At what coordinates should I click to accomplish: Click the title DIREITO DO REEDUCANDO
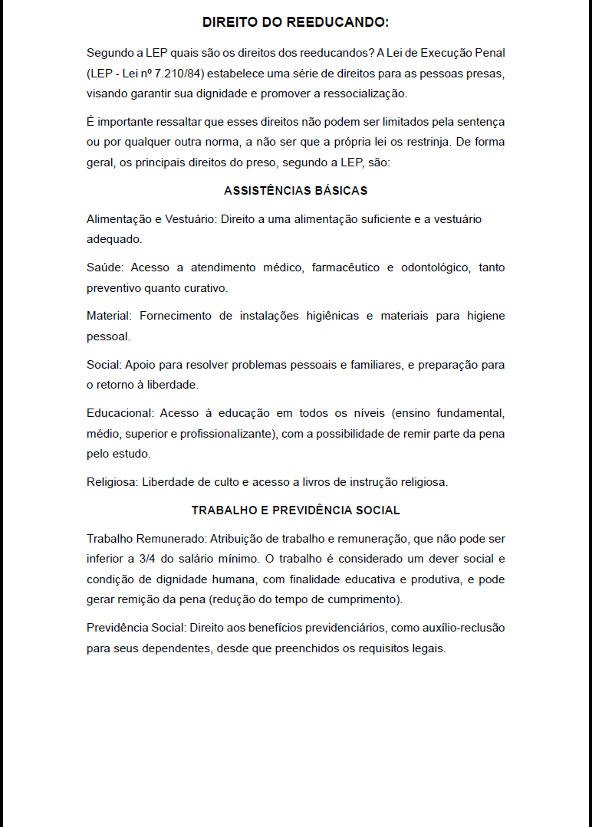pos(295,23)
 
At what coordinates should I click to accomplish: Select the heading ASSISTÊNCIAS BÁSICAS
pos(295,190)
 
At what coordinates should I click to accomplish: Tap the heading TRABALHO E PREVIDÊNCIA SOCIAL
pos(295,510)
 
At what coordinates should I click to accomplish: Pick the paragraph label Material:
pos(110,316)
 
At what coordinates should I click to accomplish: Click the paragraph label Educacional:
pos(120,413)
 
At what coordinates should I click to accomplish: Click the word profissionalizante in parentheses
pos(223,434)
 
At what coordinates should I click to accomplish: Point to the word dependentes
pos(176,648)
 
